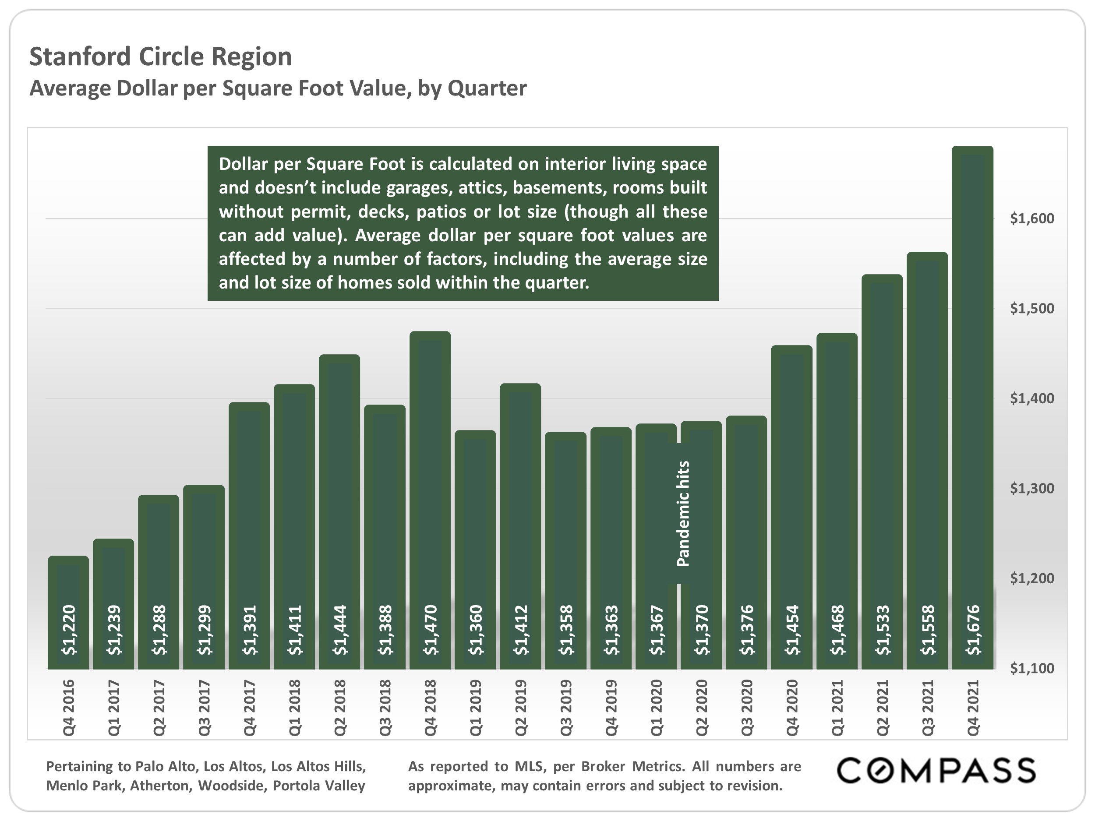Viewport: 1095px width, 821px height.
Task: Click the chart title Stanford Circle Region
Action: pyautogui.click(x=160, y=56)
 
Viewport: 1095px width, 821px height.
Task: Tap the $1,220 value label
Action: pyautogui.click(x=69, y=630)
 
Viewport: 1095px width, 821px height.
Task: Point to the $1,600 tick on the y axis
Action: pyautogui.click(x=1031, y=218)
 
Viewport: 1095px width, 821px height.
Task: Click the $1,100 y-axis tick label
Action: pyautogui.click(x=1031, y=668)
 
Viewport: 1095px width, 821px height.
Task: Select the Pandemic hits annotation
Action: pyautogui.click(x=683, y=513)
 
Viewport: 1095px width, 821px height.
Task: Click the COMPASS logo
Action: pyautogui.click(x=936, y=771)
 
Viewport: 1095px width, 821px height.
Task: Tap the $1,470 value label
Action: pyautogui.click(x=431, y=630)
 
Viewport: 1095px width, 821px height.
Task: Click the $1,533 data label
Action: pyautogui.click(x=883, y=630)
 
